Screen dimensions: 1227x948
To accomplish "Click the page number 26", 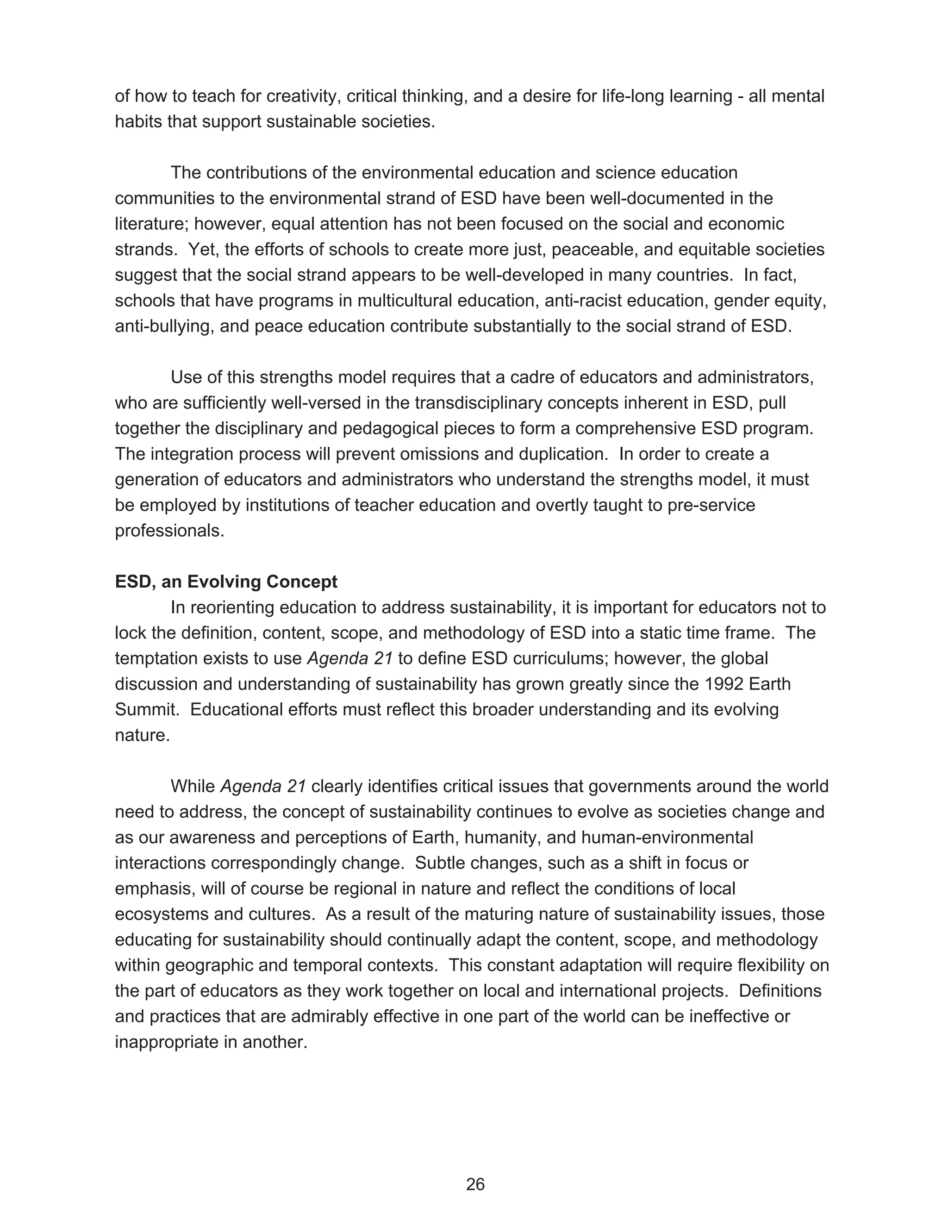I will [475, 1184].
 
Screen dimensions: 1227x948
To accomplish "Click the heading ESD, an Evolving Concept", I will [226, 582].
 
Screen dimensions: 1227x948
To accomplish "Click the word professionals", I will [169, 530].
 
